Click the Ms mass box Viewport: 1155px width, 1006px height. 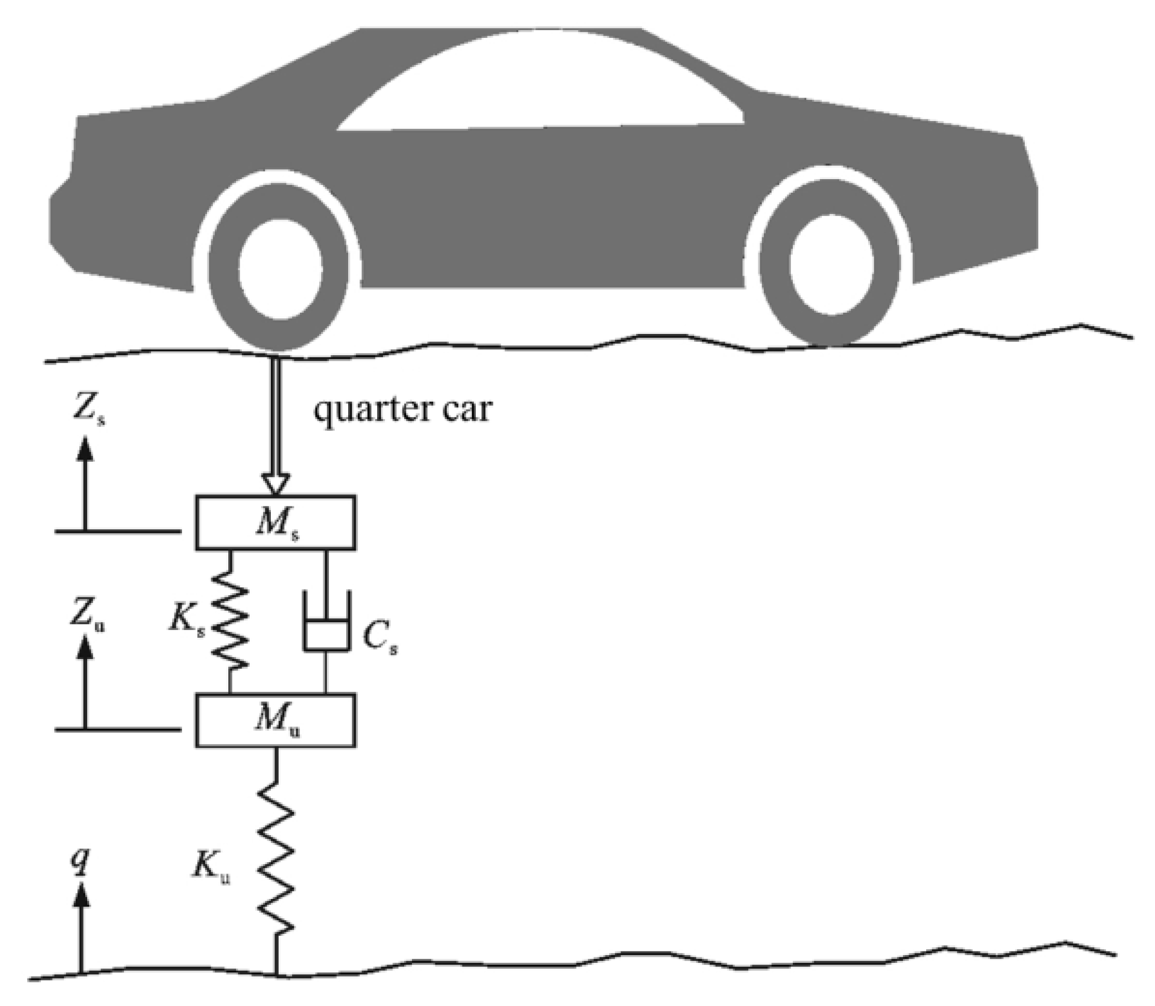click(275, 522)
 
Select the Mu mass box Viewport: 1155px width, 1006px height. click(275, 720)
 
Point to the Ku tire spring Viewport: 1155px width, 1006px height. click(276, 859)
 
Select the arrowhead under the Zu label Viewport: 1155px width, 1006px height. click(85, 651)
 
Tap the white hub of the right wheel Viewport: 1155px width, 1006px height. click(831, 264)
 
